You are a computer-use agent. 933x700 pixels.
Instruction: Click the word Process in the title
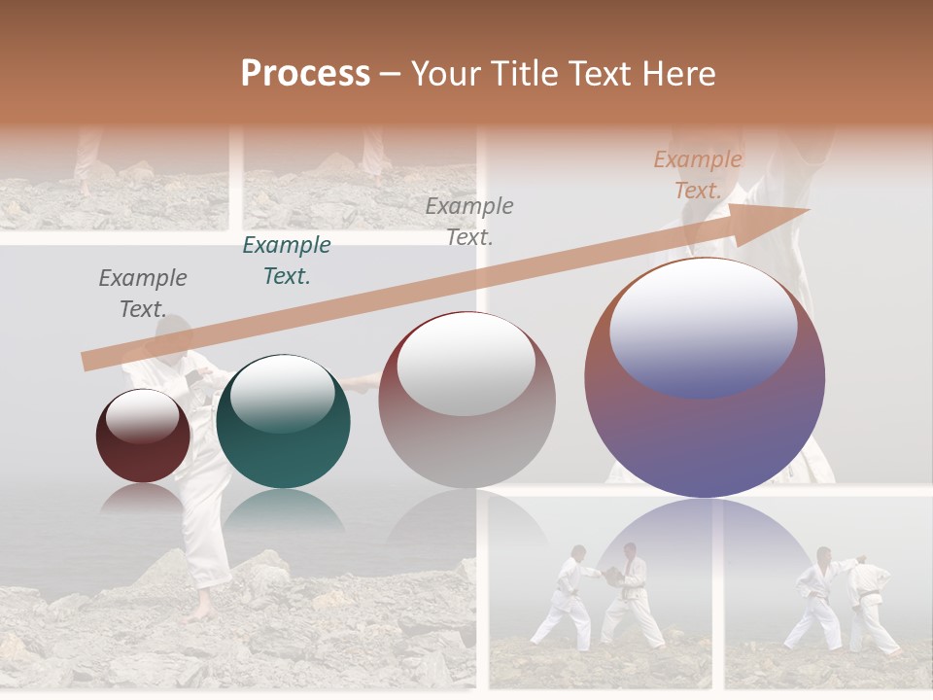pos(305,74)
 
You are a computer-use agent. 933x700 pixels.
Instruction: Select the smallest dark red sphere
pos(143,447)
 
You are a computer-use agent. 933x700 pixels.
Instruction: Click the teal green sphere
pos(283,428)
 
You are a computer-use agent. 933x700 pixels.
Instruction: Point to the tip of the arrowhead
pos(809,209)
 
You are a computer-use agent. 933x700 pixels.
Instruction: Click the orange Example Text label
pos(698,175)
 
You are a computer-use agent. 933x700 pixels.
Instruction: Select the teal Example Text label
pos(287,261)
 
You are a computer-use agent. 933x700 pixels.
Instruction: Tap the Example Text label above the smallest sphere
pos(143,294)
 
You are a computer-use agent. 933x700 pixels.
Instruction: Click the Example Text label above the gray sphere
pos(469,221)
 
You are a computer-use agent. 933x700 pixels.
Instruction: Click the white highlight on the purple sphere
pos(703,326)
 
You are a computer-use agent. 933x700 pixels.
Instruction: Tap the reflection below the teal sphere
pos(283,510)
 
